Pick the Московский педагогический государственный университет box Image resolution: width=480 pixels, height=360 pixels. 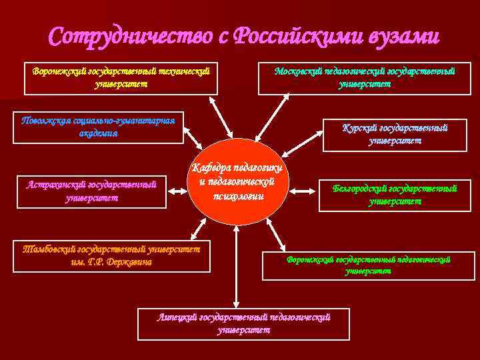pos(365,77)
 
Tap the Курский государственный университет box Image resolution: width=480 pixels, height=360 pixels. pos(395,133)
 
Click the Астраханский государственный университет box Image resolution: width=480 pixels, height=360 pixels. pos(92,191)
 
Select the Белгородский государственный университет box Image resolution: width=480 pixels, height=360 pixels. pos(395,195)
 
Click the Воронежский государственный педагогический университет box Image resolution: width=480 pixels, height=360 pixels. pos(369,265)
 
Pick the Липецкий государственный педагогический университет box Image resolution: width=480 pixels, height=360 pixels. pos(244,323)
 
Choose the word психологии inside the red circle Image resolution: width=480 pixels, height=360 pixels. pos(238,196)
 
